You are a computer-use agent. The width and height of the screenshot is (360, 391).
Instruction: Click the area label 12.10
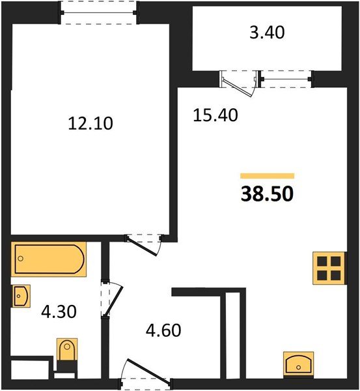90,122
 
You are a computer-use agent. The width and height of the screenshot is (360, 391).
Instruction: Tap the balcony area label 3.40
267,33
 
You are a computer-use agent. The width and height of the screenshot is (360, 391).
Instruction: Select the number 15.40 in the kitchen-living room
215,115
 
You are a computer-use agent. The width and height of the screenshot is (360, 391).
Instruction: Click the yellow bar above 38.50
268,175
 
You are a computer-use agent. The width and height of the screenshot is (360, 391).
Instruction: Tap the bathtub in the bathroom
48,259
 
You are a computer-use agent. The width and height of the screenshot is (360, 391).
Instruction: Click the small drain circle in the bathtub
21,259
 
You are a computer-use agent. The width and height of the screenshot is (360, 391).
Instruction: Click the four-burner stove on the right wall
327,268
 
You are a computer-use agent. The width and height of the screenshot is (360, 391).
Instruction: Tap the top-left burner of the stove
321,261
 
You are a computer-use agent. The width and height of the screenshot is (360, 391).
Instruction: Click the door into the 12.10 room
144,242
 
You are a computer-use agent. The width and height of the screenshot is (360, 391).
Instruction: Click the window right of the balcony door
286,80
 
